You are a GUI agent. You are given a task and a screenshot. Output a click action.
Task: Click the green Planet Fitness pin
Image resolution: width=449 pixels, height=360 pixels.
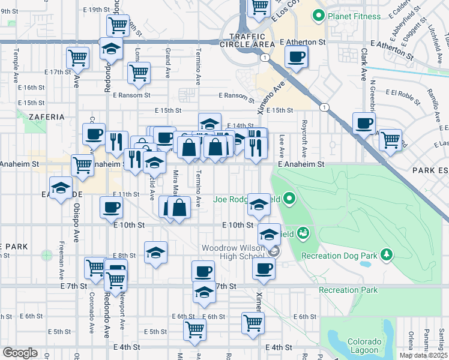point(319,16)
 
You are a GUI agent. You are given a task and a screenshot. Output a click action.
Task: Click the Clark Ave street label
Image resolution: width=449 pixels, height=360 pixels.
point(364,65)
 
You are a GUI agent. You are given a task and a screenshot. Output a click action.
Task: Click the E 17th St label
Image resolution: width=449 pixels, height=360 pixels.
point(58,72)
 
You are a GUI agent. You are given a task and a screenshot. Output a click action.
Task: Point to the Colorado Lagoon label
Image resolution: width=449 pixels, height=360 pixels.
point(364,346)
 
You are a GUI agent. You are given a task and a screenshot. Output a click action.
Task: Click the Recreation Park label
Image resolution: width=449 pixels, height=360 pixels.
point(349,290)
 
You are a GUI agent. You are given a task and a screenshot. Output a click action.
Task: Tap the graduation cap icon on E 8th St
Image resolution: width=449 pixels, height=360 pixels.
point(155,253)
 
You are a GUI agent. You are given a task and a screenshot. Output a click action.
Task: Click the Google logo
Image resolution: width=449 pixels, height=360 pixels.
point(20,352)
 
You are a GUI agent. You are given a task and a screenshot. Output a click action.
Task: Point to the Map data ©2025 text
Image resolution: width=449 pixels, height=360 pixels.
point(423,355)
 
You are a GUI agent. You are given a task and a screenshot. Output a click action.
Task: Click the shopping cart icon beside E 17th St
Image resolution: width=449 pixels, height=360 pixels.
point(77,58)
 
